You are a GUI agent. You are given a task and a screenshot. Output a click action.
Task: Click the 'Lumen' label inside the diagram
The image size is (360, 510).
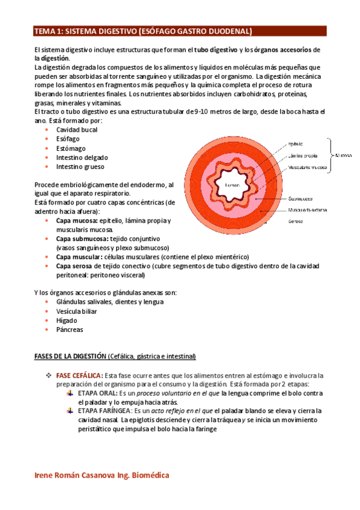click(x=232, y=185)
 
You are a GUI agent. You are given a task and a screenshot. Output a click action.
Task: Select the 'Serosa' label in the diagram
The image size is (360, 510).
click(x=296, y=221)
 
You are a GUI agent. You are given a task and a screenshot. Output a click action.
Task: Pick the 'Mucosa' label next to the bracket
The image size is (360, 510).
click(x=344, y=154)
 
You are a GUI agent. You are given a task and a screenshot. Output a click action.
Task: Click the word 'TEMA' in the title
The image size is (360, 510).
click(x=44, y=31)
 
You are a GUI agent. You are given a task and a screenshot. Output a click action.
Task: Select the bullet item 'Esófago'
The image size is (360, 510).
click(x=68, y=139)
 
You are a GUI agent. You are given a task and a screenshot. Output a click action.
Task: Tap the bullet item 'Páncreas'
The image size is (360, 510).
click(x=70, y=330)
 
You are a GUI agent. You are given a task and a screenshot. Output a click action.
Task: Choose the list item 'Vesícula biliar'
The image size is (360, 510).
click(x=76, y=312)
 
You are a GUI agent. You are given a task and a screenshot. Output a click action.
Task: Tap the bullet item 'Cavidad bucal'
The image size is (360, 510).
click(x=78, y=130)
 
